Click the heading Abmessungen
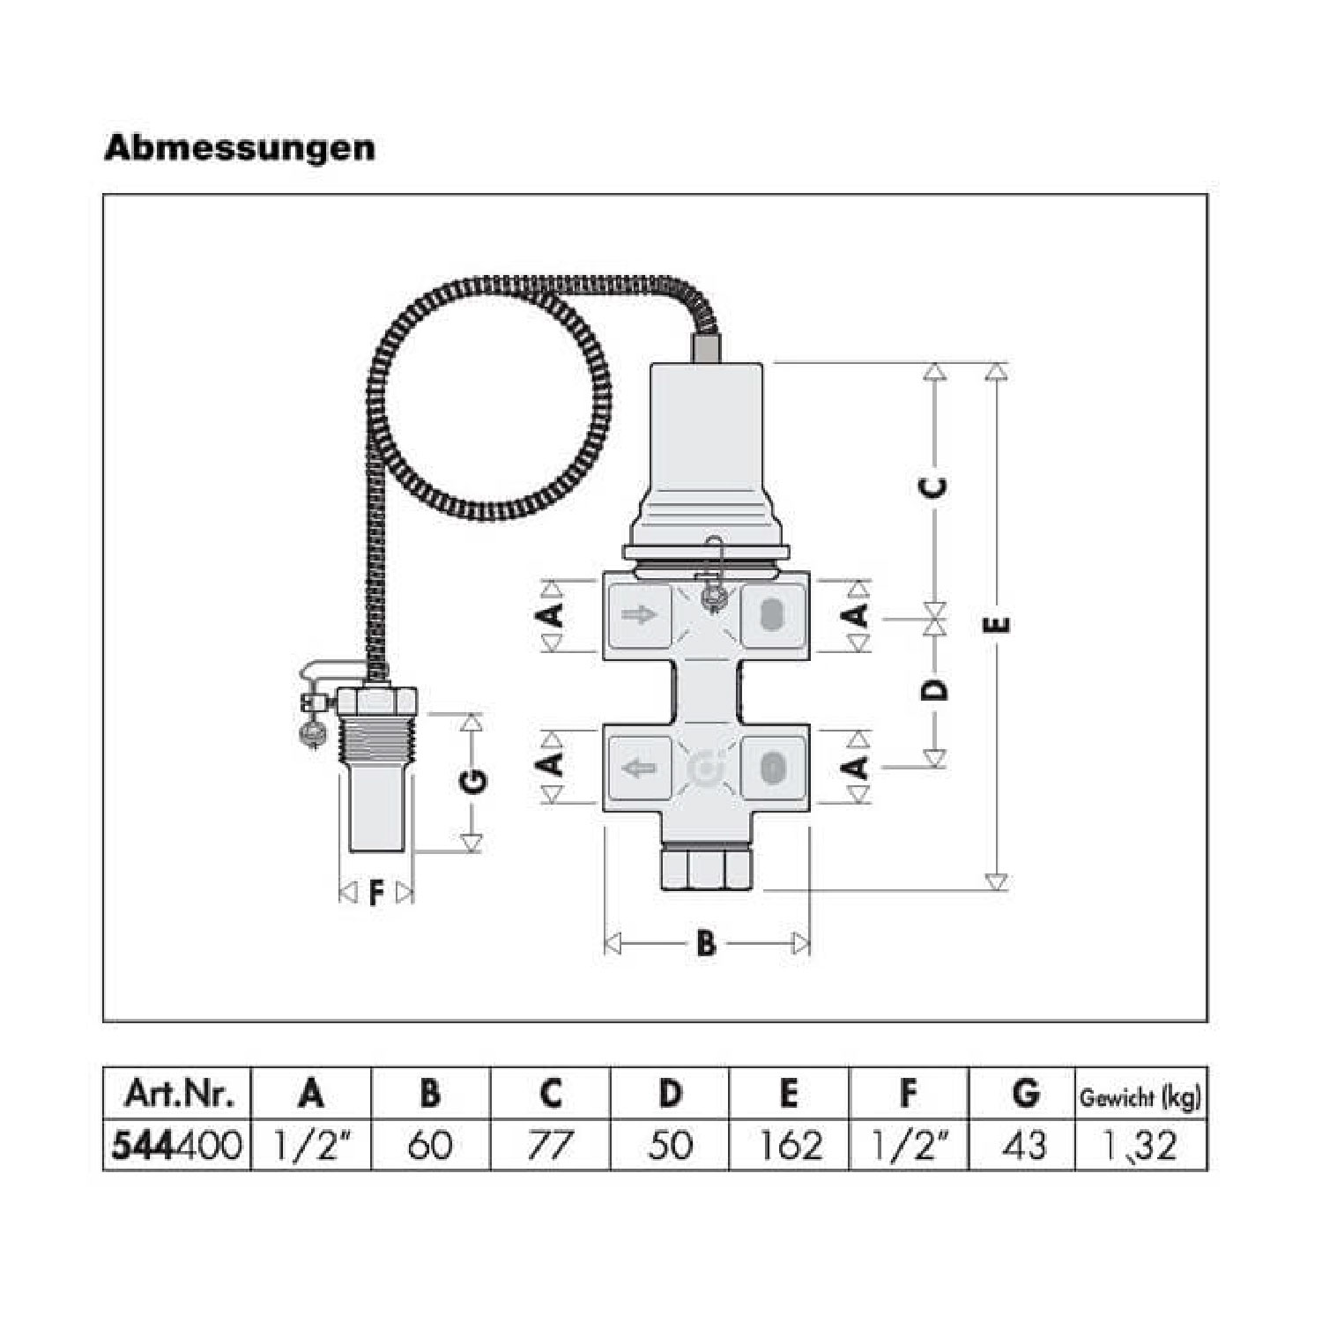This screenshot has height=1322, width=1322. coord(240,148)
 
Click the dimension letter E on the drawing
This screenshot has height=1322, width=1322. coord(998,625)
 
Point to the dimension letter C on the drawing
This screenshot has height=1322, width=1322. coord(936,486)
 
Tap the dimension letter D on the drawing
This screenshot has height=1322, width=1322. coord(936,687)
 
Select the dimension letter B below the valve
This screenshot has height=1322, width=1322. coord(706,944)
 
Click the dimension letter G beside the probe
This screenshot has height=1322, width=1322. coord(473,781)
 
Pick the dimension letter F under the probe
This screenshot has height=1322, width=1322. coord(376,894)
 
